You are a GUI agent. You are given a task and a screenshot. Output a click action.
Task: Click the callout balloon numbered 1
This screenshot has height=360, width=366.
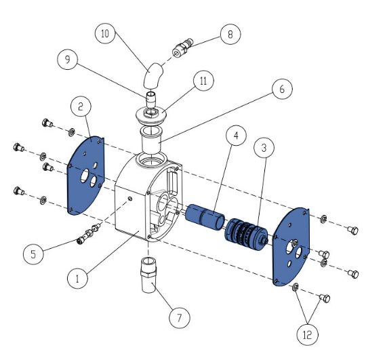(x=77, y=278)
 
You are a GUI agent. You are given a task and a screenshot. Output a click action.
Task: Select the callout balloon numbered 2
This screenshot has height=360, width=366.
(x=81, y=106)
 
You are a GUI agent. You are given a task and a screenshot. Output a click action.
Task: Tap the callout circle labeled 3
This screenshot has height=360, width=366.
(x=264, y=148)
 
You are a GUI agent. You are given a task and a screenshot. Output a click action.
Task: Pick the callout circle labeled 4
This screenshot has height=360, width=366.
(x=236, y=136)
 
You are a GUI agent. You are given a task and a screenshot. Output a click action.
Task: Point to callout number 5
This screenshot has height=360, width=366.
(x=33, y=254)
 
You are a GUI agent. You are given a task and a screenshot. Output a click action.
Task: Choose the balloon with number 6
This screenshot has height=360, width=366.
(x=282, y=89)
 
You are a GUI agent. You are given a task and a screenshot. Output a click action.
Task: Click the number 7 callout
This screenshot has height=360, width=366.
(x=180, y=317)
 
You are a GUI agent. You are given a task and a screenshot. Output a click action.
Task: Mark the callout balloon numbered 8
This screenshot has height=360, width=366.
(x=230, y=35)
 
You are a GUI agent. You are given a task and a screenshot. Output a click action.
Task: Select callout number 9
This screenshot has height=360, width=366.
(x=68, y=59)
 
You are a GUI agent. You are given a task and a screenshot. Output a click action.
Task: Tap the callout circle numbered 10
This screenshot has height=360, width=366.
(x=105, y=33)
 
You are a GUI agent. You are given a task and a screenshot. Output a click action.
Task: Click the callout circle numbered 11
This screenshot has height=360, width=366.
(x=203, y=81)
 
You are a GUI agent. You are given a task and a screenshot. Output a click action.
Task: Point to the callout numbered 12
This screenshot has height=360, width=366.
(x=308, y=335)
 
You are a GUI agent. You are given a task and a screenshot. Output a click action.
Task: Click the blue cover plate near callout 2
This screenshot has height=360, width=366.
(x=86, y=175)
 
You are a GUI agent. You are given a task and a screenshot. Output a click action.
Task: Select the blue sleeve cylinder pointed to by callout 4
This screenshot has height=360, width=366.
(x=205, y=217)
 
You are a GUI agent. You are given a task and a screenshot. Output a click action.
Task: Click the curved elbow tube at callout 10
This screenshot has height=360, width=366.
(x=153, y=76)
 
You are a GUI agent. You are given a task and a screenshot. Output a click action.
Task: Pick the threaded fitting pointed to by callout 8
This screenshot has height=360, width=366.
(x=183, y=47)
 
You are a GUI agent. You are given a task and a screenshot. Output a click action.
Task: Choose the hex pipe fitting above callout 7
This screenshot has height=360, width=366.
(x=148, y=275)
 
